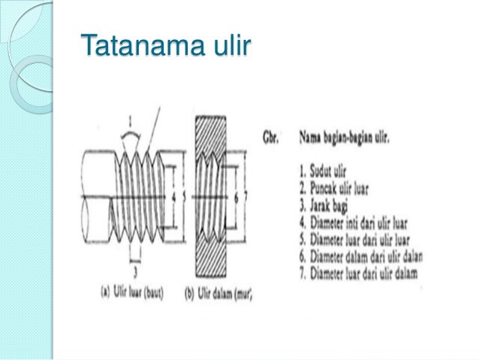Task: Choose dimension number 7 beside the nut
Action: (246, 198)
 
